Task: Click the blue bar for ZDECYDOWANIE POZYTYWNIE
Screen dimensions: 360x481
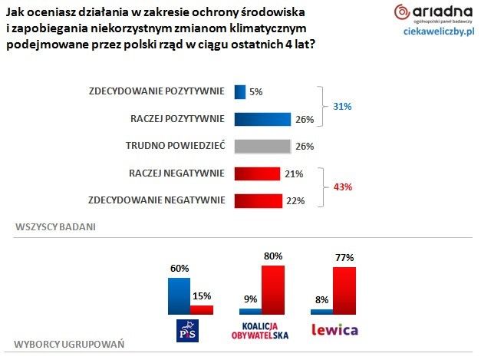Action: tap(239, 91)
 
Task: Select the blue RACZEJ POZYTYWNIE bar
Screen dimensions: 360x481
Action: tap(262, 119)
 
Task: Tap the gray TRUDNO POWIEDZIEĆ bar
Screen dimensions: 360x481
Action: tap(262, 146)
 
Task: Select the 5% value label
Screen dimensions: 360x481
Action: tap(256, 92)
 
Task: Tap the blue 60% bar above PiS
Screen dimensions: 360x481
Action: tap(179, 296)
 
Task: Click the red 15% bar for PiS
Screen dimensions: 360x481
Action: tap(202, 309)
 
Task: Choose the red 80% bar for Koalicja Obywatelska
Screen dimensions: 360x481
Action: tap(273, 289)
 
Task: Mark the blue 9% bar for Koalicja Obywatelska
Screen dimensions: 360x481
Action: tap(250, 311)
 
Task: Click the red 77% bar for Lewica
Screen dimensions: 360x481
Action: tap(344, 291)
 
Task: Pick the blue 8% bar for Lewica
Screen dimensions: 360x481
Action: tap(321, 311)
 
